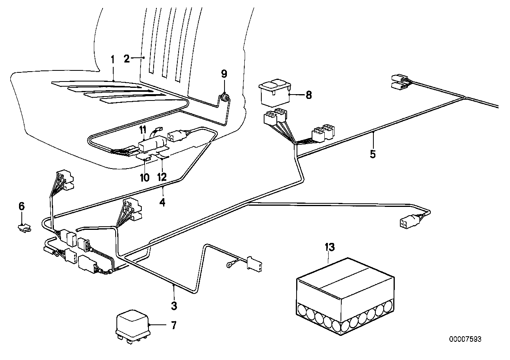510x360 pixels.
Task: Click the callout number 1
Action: coord(112,60)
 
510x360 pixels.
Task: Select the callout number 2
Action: coord(127,59)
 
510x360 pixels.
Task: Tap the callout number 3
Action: coord(174,305)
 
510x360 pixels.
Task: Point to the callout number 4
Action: coord(162,202)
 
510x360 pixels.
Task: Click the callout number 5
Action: coord(373,153)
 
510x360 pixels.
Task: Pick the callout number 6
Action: coord(21,206)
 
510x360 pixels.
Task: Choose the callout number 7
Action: coord(173,326)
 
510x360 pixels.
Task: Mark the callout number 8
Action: coord(308,95)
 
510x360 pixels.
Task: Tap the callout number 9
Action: coord(224,74)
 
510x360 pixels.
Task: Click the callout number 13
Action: coord(330,247)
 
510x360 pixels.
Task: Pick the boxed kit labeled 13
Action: coord(344,297)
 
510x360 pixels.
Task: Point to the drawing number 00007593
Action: coord(466,339)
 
